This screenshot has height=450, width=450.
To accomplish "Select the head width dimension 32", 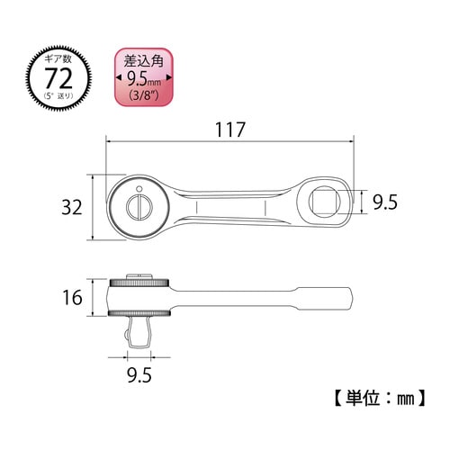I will (74, 208).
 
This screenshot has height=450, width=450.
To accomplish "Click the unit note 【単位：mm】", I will (371, 397).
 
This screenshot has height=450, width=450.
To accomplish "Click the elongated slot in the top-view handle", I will (231, 210).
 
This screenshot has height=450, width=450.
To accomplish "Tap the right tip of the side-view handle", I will (352, 297).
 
